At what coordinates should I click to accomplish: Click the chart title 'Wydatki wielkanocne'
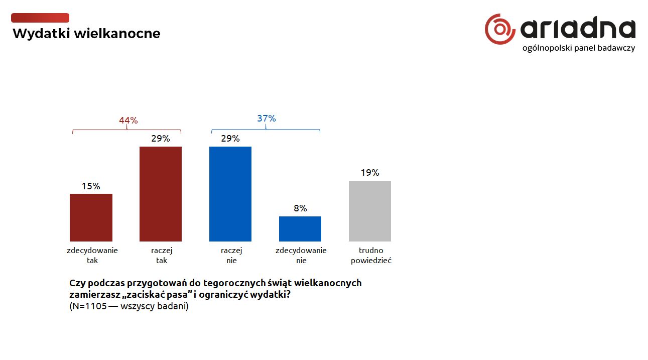(x=86, y=34)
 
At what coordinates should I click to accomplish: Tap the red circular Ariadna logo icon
(x=500, y=29)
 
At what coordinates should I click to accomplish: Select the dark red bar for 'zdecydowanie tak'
(x=91, y=217)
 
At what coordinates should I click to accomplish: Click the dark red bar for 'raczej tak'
(x=161, y=194)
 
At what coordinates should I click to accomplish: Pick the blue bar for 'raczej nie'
(x=230, y=194)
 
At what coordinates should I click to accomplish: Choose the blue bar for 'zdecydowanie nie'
(x=300, y=229)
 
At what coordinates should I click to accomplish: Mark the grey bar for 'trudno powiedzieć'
(x=370, y=211)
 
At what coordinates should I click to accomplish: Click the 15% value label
(x=91, y=186)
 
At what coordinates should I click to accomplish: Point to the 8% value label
(x=300, y=208)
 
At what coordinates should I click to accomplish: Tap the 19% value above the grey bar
(x=370, y=173)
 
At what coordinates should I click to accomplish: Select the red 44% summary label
(x=128, y=121)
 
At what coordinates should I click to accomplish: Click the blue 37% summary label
(x=267, y=118)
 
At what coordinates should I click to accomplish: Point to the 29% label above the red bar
(x=161, y=139)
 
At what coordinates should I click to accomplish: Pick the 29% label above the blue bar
(x=230, y=139)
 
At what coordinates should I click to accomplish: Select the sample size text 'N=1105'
(x=89, y=307)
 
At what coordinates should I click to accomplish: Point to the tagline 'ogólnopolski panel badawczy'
(x=579, y=48)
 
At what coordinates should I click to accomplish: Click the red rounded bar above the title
(x=40, y=18)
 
